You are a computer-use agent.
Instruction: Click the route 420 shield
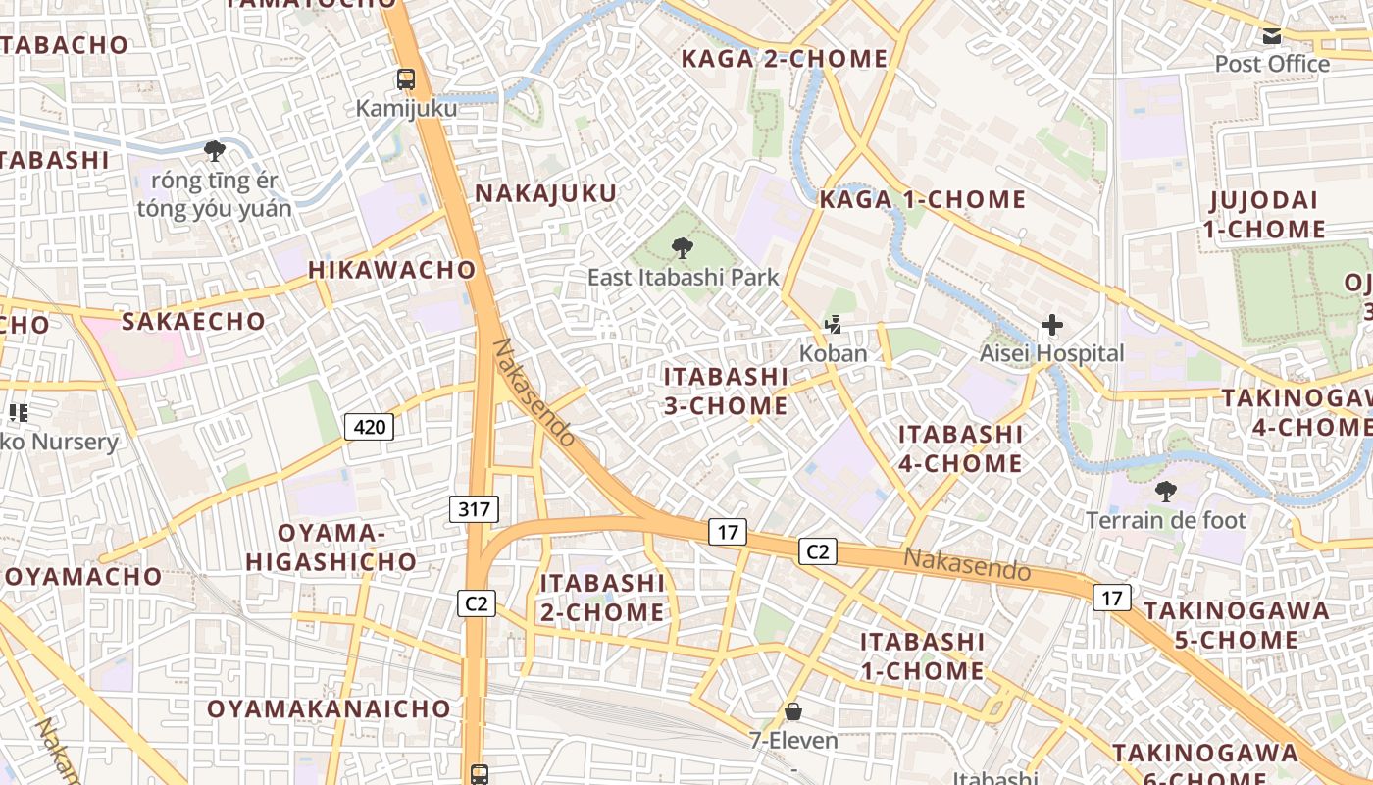coord(369,426)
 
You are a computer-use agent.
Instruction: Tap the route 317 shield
coord(475,508)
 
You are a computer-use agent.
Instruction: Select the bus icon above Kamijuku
coord(405,78)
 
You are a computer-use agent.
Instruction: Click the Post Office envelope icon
coord(1271,37)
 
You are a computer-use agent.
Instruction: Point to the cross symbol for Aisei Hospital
coord(1052,324)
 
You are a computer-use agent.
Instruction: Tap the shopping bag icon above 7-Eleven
coord(792,710)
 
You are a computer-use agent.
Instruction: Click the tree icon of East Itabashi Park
coord(682,248)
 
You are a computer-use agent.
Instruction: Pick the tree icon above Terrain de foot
coord(1165,491)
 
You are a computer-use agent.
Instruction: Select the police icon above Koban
coord(833,324)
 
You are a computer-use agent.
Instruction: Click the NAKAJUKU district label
coord(546,193)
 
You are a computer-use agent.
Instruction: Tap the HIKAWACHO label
coord(391,270)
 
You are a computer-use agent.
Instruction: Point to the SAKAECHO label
coord(193,321)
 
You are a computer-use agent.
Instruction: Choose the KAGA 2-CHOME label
coord(784,59)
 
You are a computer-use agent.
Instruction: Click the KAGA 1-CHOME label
coord(922,200)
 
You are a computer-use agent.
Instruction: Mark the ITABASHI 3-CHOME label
coord(726,391)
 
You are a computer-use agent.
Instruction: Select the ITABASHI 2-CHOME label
coord(602,598)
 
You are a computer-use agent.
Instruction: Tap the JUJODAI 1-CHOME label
coord(1266,215)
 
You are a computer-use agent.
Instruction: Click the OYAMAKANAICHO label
coord(329,708)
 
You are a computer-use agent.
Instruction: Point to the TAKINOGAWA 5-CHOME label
coord(1237,625)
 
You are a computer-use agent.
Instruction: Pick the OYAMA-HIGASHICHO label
coord(331,548)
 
